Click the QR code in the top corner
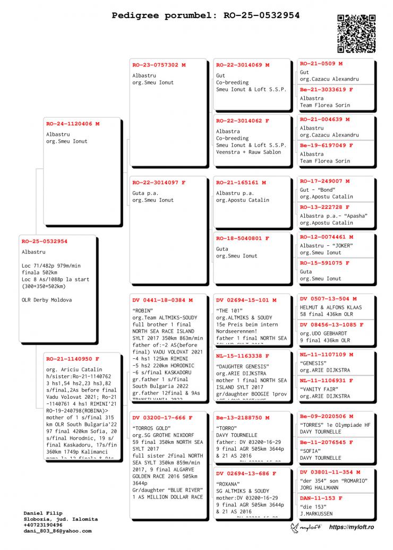pyautogui.click(x=356, y=34)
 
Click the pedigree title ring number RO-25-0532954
pyautogui.click(x=258, y=15)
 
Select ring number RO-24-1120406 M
pyautogui.click(x=73, y=124)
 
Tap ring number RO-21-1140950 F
pyautogui.click(x=72, y=359)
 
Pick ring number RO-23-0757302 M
pyautogui.click(x=159, y=65)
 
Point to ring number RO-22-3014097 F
pyautogui.click(x=159, y=183)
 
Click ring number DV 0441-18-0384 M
pyautogui.click(x=162, y=300)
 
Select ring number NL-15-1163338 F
pyautogui.click(x=242, y=356)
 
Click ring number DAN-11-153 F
pyautogui.click(x=321, y=499)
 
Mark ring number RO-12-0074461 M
pyautogui.click(x=327, y=237)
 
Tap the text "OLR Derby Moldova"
pyautogui.click(x=47, y=300)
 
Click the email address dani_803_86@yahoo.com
pyautogui.click(x=57, y=530)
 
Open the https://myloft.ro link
pyautogui.click(x=352, y=527)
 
